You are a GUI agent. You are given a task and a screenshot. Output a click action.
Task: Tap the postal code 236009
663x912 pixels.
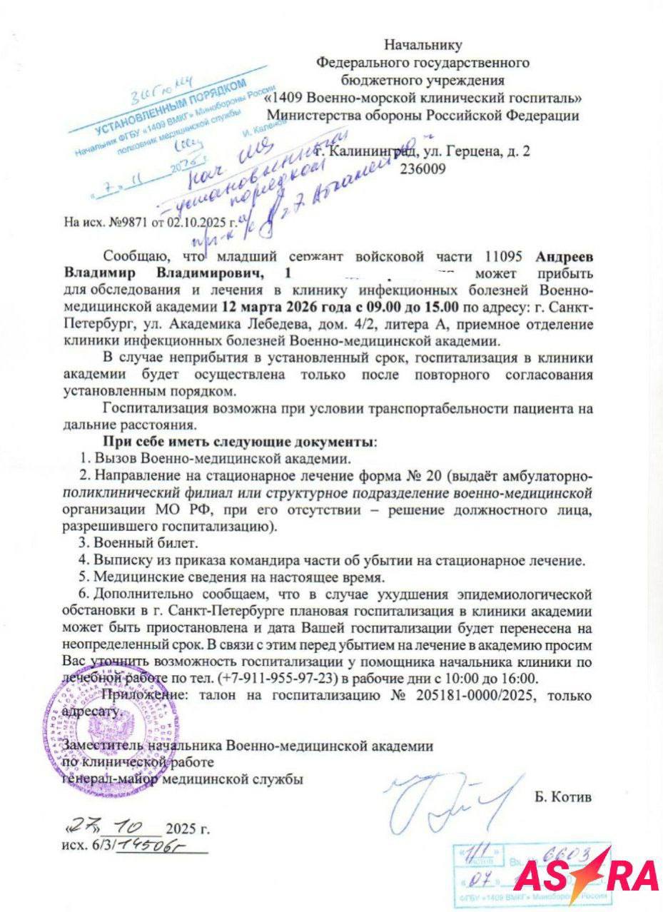pos(423,169)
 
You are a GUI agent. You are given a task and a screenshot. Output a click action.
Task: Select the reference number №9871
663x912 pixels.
pos(126,222)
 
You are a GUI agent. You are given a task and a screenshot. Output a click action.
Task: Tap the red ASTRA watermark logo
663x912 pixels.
pos(585,875)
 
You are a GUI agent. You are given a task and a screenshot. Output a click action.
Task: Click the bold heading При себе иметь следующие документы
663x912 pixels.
pos(239,440)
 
